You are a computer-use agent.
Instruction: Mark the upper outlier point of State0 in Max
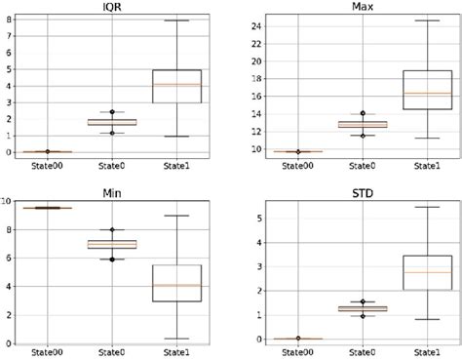click(336, 114)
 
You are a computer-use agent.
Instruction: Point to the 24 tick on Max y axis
click(234, 23)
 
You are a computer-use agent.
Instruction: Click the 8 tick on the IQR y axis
click(9, 19)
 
